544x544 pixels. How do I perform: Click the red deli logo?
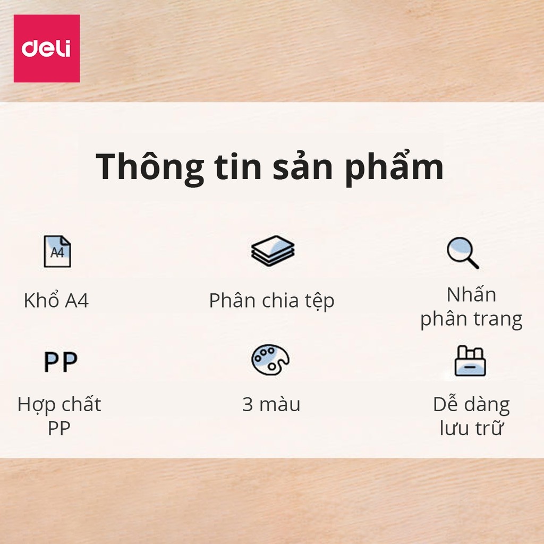(x=46, y=48)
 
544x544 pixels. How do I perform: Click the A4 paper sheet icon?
(x=57, y=251)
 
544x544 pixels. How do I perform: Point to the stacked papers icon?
(x=273, y=251)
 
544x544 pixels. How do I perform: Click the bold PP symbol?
(x=60, y=362)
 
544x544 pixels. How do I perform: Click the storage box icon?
(x=470, y=361)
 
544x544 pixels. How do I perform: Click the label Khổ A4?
(x=56, y=301)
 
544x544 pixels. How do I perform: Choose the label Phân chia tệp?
(x=271, y=301)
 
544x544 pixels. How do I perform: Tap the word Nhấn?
(x=471, y=294)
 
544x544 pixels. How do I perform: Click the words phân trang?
(x=471, y=319)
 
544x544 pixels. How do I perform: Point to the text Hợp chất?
(x=59, y=404)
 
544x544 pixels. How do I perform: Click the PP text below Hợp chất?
(x=59, y=428)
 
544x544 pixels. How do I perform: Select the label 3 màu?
(x=271, y=404)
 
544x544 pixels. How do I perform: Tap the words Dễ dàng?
(x=471, y=404)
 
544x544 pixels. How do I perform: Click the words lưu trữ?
(x=471, y=428)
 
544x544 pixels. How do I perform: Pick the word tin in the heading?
(x=241, y=167)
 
